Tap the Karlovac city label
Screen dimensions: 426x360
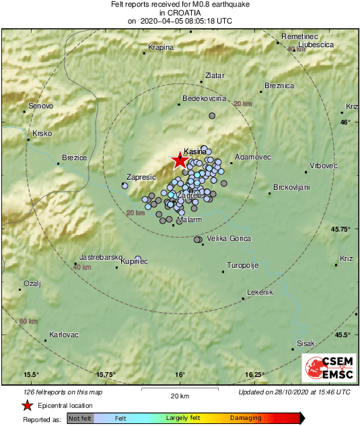64,334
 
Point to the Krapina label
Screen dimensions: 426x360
161,47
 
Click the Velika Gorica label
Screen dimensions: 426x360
229,239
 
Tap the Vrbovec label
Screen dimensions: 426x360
323,166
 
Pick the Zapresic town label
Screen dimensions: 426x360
141,178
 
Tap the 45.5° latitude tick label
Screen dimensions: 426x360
343,334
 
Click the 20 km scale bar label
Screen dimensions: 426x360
179,396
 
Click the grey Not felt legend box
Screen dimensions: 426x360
80,419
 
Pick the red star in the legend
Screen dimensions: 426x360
28,405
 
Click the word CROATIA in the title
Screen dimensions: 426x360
180,13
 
